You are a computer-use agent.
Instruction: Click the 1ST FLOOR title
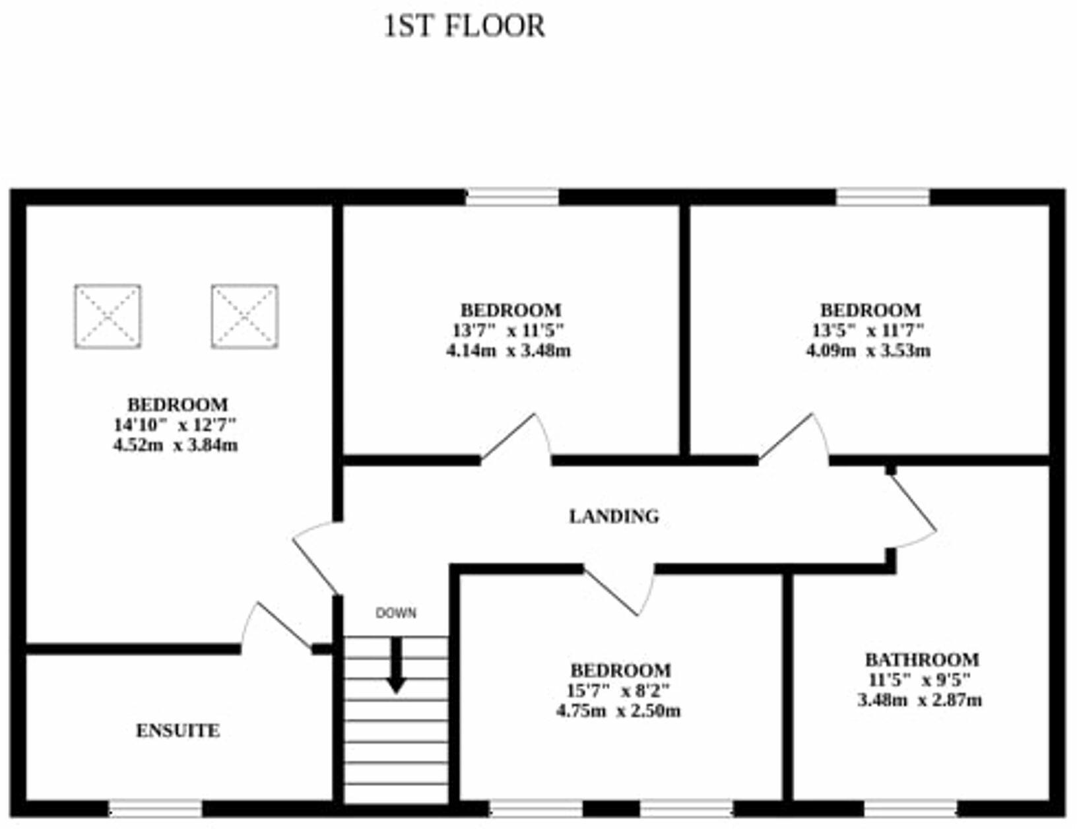click(x=464, y=27)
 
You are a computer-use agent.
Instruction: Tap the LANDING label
click(x=614, y=516)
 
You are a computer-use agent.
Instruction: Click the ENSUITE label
click(x=178, y=731)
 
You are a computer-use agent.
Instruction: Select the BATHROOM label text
click(x=921, y=659)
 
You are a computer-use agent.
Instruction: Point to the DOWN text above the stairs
click(x=396, y=613)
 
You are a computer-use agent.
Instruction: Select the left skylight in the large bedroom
click(x=108, y=316)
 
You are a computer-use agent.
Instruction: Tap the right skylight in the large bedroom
click(x=244, y=316)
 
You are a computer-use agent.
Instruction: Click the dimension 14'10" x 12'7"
click(x=175, y=424)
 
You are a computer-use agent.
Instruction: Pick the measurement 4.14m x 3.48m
click(x=508, y=350)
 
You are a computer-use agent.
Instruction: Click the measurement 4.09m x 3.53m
click(x=868, y=350)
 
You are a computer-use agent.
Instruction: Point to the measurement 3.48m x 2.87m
click(x=919, y=700)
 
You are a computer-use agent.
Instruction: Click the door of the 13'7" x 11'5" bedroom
click(x=515, y=438)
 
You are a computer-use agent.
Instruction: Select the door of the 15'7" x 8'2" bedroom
click(x=618, y=589)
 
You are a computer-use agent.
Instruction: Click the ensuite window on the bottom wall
click(x=155, y=809)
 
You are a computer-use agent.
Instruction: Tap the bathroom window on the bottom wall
click(x=910, y=809)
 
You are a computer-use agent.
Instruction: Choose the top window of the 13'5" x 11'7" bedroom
click(x=882, y=197)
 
